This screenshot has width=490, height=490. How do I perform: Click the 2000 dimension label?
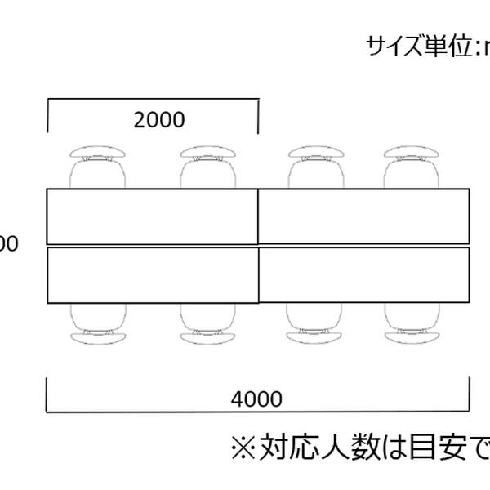point(159,120)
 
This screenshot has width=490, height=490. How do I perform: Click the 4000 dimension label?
point(257,399)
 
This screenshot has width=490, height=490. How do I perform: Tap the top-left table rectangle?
point(153,216)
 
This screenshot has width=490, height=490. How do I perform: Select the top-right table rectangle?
point(363,216)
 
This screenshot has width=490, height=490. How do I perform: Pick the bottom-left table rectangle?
point(153,274)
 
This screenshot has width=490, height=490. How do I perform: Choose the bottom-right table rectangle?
point(363,274)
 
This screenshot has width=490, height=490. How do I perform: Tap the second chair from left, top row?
point(208,167)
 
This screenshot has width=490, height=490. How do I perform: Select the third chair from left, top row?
point(314,167)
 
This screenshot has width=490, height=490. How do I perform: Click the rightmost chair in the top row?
point(412,167)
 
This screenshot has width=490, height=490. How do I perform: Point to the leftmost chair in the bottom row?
point(98,323)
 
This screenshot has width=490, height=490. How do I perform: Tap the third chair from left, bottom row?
point(314,323)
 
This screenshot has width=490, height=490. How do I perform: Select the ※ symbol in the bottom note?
point(243,448)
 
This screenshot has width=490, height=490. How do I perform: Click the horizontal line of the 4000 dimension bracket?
point(257,412)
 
